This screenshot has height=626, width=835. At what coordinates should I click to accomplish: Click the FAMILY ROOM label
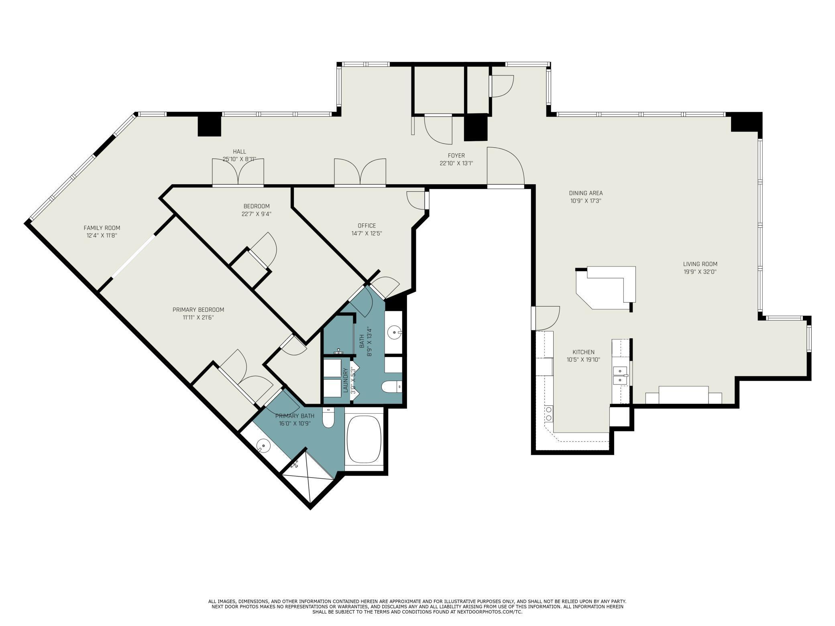point(102,228)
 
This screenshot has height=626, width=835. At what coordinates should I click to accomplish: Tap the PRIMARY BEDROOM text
point(198,310)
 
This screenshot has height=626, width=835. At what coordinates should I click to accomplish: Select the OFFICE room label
point(367,226)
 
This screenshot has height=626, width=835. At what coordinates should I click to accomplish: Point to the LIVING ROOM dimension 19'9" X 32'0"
point(700,272)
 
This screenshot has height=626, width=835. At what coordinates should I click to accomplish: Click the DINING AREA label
point(586,193)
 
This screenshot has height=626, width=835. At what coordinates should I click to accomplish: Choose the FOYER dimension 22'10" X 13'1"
point(456,163)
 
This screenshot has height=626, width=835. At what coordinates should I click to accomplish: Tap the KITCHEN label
point(583,352)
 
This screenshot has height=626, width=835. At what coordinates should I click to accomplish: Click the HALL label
point(239,151)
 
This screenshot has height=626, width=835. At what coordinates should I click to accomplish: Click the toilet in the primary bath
point(328,418)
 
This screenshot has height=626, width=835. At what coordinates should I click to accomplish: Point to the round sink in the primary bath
point(263,446)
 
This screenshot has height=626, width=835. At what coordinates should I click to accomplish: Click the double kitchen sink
point(620,375)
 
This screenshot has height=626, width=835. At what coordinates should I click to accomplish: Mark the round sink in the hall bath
point(395,332)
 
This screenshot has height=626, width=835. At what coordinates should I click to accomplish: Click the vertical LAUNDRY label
point(345,380)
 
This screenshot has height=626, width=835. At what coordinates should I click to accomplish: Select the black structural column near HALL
point(210,125)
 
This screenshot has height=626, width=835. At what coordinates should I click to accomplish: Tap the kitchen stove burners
point(548,413)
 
